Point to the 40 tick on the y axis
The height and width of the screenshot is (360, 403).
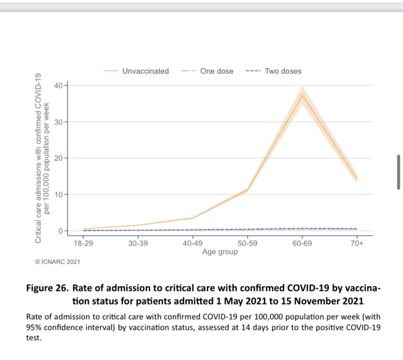point(58,85)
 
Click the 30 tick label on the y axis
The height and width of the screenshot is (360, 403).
point(58,122)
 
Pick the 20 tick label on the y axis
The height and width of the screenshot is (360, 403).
point(58,159)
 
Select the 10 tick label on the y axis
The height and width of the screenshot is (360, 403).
point(58,195)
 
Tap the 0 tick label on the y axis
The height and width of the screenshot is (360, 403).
point(60,231)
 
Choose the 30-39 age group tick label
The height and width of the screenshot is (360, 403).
point(138,244)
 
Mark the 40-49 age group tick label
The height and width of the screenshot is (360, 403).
point(193,244)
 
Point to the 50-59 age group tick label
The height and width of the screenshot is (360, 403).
point(248,244)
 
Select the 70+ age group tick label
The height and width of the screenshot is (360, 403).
point(357,244)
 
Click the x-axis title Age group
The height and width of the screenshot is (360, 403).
point(220,253)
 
